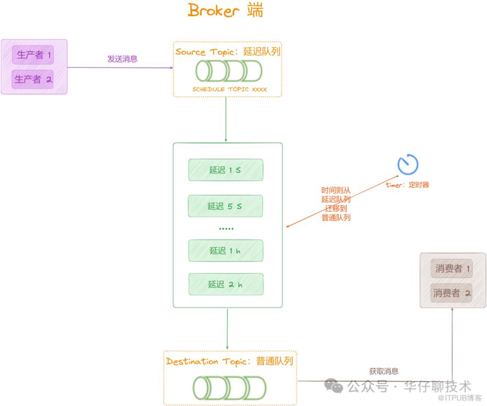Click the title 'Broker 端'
pyautogui.click(x=225, y=10)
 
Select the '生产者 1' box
pyautogui.click(x=33, y=55)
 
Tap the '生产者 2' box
pyautogui.click(x=33, y=79)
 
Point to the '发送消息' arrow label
pyautogui.click(x=123, y=59)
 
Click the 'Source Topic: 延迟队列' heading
pyautogui.click(x=228, y=52)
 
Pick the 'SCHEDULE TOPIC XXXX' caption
pyautogui.click(x=230, y=89)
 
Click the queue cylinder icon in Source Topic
pyautogui.click(x=229, y=71)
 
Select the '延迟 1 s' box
pyautogui.click(x=225, y=170)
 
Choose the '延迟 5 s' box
pyautogui.click(x=225, y=206)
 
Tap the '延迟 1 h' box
pyautogui.click(x=225, y=251)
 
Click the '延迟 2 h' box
pyautogui.click(x=225, y=285)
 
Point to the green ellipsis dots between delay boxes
pyautogui.click(x=226, y=229)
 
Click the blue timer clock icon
pyautogui.click(x=408, y=164)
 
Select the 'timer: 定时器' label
pyautogui.click(x=407, y=185)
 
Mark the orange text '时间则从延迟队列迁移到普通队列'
pyautogui.click(x=336, y=204)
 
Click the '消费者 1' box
pyautogui.click(x=453, y=269)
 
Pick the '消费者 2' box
pyautogui.click(x=453, y=293)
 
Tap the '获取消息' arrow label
pyautogui.click(x=384, y=372)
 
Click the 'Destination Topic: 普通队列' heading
pyautogui.click(x=230, y=362)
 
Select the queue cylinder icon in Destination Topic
pyautogui.click(x=229, y=387)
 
